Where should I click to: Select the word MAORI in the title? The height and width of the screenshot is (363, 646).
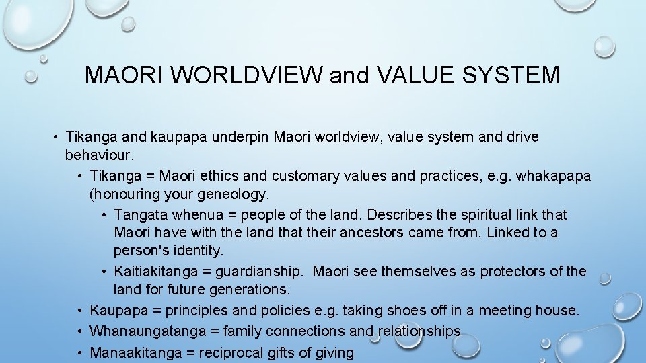tap(124, 75)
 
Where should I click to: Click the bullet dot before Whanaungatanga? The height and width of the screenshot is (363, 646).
tap(79, 331)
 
